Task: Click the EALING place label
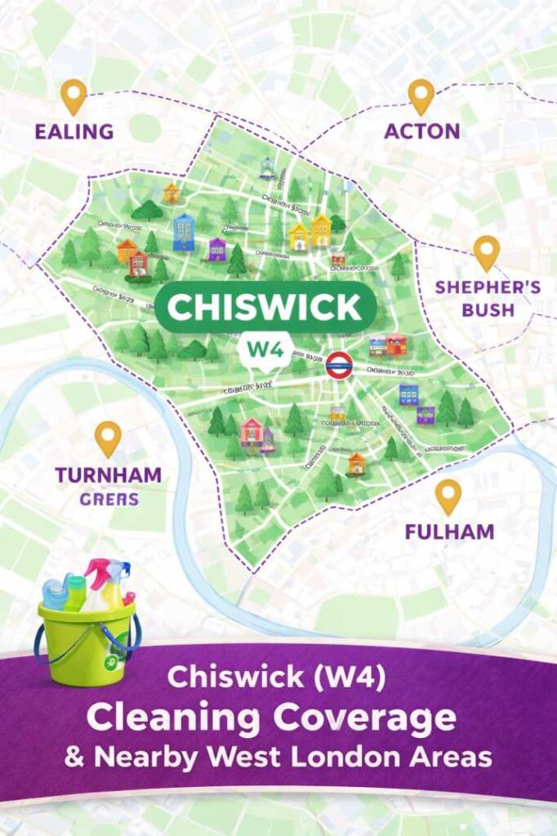click(x=74, y=131)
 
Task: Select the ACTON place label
click(x=421, y=131)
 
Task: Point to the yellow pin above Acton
click(x=421, y=95)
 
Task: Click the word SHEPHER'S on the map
click(x=477, y=287)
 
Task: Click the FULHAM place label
click(x=449, y=532)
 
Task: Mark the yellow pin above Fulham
click(x=448, y=496)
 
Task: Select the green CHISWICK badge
click(x=265, y=308)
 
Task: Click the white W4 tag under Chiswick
click(x=264, y=349)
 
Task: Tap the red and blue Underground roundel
click(x=337, y=365)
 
